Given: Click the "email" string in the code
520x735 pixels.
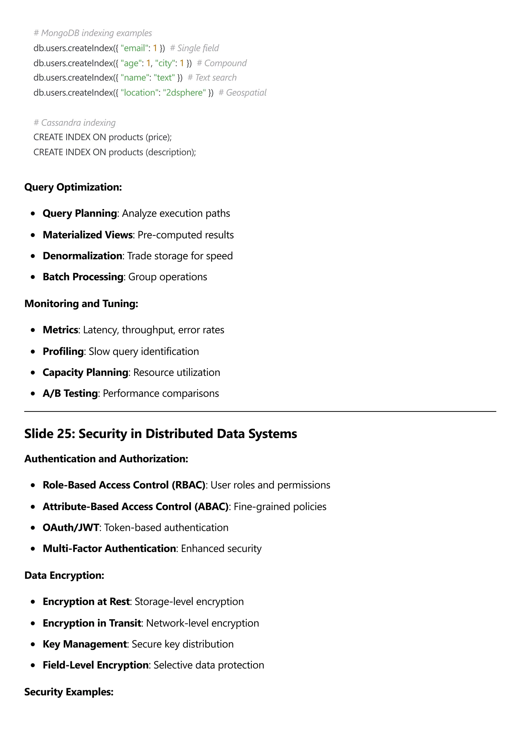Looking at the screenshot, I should [x=135, y=48].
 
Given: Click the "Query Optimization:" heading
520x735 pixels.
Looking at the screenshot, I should [x=73, y=187].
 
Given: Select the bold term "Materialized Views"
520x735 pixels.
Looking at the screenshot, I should [x=87, y=235].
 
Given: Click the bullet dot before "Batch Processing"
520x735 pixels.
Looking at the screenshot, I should [x=33, y=277].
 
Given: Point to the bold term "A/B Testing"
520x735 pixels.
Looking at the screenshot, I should [x=70, y=393].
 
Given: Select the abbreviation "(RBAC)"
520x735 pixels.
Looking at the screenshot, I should [x=188, y=485].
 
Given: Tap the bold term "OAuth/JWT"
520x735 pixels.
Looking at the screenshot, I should [x=71, y=528].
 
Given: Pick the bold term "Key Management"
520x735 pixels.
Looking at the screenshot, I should [x=85, y=644].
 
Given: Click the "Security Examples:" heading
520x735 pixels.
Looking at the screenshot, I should [x=69, y=692].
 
